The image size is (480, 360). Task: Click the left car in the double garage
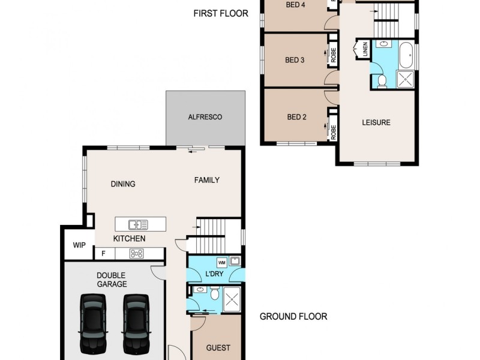tap(94, 323)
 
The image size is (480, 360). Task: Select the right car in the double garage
tap(136, 323)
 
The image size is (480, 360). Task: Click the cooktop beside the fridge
tap(136, 254)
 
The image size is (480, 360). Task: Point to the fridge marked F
tap(103, 254)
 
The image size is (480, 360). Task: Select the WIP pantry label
tap(79, 245)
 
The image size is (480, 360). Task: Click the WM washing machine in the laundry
tap(221, 262)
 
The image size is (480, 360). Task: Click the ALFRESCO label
tap(206, 117)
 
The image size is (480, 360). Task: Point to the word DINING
tap(122, 184)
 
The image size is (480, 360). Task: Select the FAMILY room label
tap(206, 180)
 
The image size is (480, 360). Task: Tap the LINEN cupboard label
tap(364, 50)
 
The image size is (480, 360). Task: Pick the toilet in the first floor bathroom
tap(381, 80)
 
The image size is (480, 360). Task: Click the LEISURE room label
tap(376, 122)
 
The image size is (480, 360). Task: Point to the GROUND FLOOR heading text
tap(293, 317)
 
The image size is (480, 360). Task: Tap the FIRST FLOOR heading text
tap(221, 13)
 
